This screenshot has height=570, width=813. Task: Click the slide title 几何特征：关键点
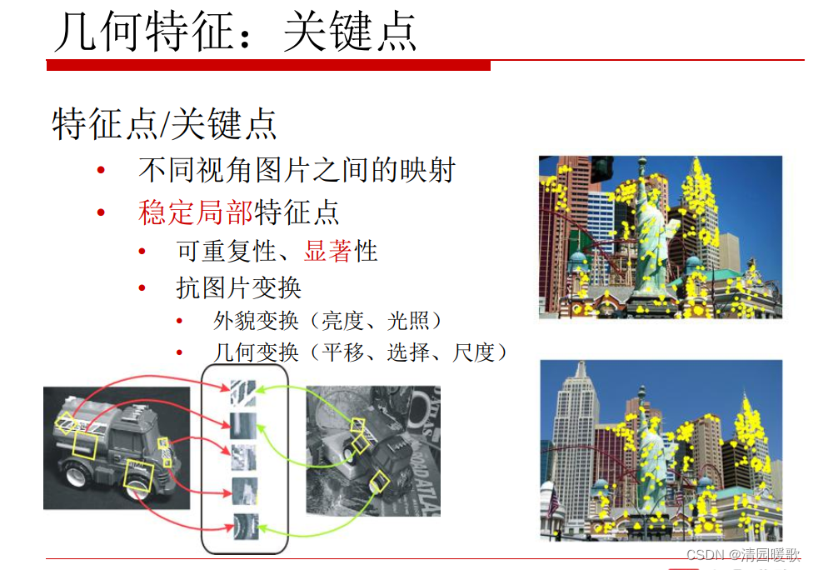tap(236, 32)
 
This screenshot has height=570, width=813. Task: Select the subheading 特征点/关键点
tap(164, 124)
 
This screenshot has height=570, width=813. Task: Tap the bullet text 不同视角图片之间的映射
tap(297, 170)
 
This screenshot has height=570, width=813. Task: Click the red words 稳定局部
tap(196, 212)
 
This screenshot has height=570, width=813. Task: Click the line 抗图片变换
tap(238, 287)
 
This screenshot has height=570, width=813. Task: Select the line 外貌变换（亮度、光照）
tap(327, 321)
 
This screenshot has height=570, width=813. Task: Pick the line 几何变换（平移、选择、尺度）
tap(360, 352)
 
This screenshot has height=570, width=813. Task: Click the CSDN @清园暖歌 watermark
tap(744, 554)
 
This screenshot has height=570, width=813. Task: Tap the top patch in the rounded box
tap(243, 393)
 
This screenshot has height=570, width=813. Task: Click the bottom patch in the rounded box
tap(245, 527)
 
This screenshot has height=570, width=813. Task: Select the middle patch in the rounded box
tap(244, 457)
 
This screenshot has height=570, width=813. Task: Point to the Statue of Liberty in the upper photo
tap(649, 233)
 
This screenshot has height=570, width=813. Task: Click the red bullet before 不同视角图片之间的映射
tap(101, 170)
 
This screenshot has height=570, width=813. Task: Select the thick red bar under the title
tap(268, 65)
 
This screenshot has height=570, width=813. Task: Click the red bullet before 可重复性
tap(142, 252)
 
